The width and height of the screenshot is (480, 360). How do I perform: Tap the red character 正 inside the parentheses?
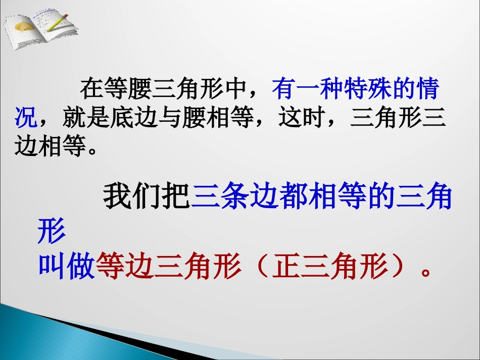click(x=286, y=268)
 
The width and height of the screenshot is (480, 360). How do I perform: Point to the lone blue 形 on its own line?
click(x=52, y=233)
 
